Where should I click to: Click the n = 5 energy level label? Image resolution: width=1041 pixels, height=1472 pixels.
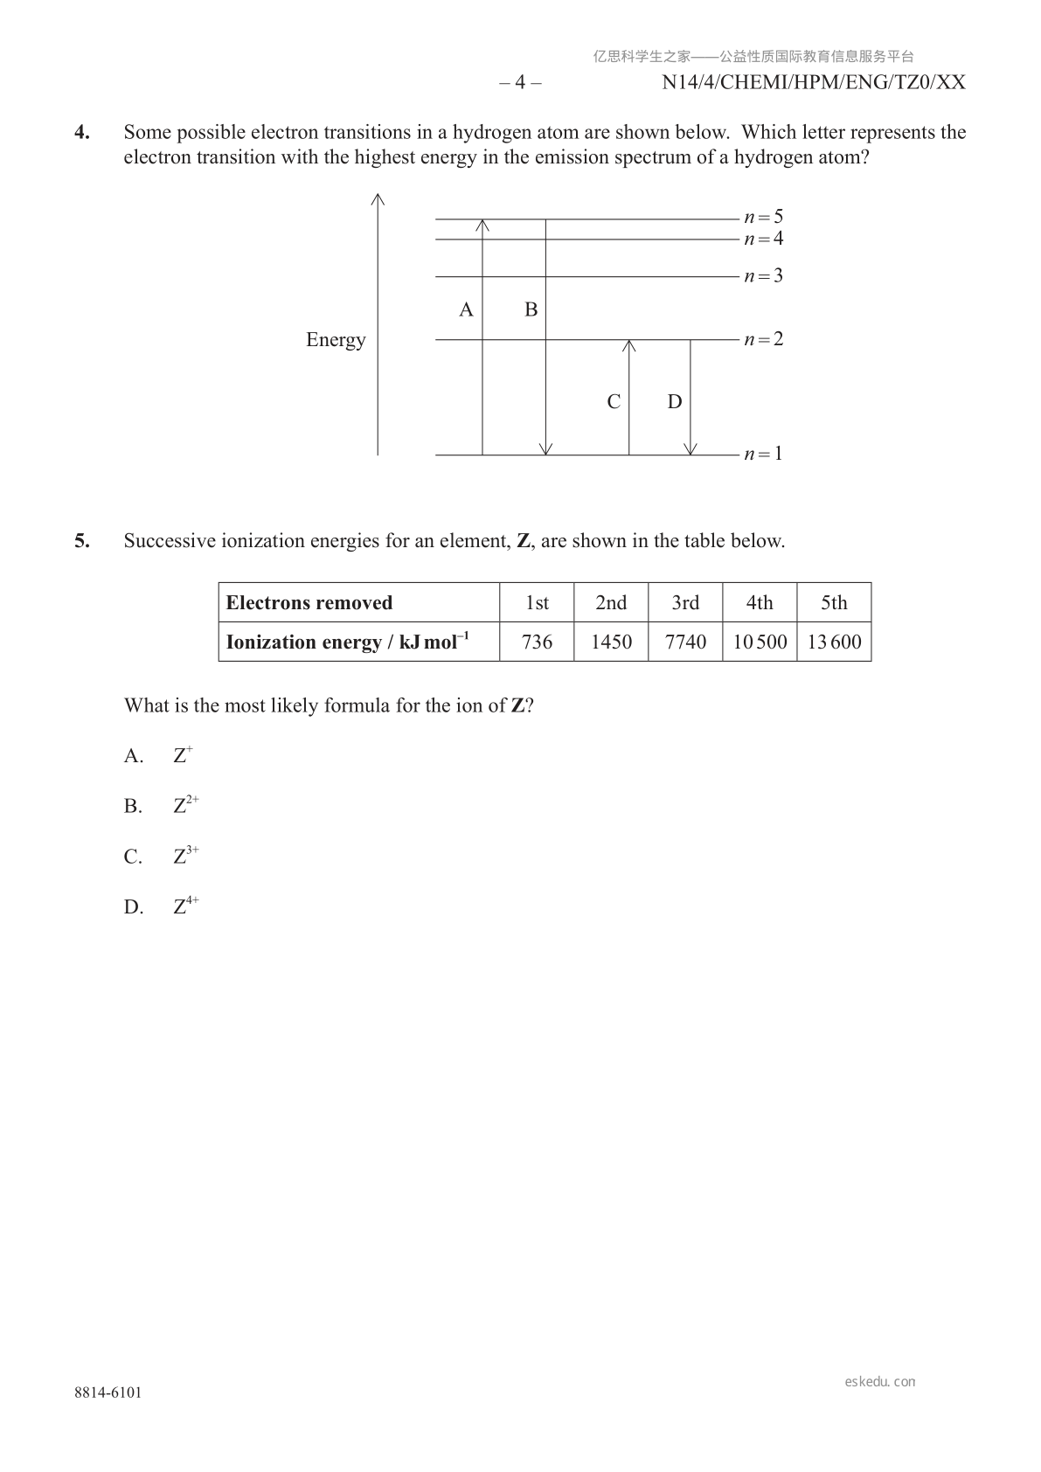(x=763, y=217)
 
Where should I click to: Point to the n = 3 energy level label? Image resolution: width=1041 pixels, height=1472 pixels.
(x=763, y=276)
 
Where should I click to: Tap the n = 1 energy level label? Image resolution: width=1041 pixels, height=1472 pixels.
(x=763, y=454)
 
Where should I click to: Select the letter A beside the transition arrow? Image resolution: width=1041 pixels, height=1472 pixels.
(x=466, y=309)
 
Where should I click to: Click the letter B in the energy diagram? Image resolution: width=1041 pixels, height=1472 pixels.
(x=531, y=309)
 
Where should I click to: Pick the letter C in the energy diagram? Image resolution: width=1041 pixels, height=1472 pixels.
(x=614, y=402)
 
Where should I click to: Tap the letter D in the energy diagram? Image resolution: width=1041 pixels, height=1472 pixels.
(x=674, y=402)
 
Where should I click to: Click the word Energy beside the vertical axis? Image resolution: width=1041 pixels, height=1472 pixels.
(x=336, y=340)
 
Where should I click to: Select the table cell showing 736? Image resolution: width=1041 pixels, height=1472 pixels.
(x=537, y=642)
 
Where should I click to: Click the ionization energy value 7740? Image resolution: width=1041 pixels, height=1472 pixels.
(x=685, y=642)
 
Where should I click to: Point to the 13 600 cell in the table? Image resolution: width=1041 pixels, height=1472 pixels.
(x=834, y=642)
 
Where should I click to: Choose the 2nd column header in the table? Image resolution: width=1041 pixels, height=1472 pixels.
(x=611, y=603)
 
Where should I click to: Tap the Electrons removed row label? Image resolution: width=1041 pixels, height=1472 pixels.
(x=309, y=603)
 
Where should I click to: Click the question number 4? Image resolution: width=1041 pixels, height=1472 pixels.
(x=81, y=133)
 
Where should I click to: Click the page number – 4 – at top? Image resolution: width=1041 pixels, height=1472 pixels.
(x=520, y=83)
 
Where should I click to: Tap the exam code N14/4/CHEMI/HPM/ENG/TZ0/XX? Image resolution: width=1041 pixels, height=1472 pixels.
(x=814, y=83)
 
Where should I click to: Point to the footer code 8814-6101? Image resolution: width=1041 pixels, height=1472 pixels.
(x=108, y=1393)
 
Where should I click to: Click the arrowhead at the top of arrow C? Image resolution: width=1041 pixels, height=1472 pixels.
(x=629, y=344)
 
